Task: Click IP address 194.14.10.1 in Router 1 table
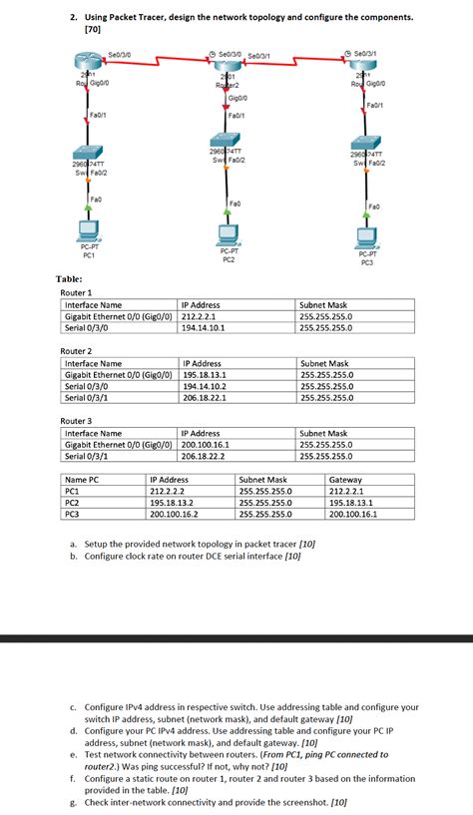tap(204, 326)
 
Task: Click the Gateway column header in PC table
tap(346, 480)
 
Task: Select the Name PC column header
tap(82, 480)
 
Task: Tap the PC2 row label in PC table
tap(72, 503)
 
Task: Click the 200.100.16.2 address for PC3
tap(175, 514)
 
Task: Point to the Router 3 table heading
tap(77, 421)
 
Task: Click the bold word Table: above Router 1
tap(69, 279)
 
